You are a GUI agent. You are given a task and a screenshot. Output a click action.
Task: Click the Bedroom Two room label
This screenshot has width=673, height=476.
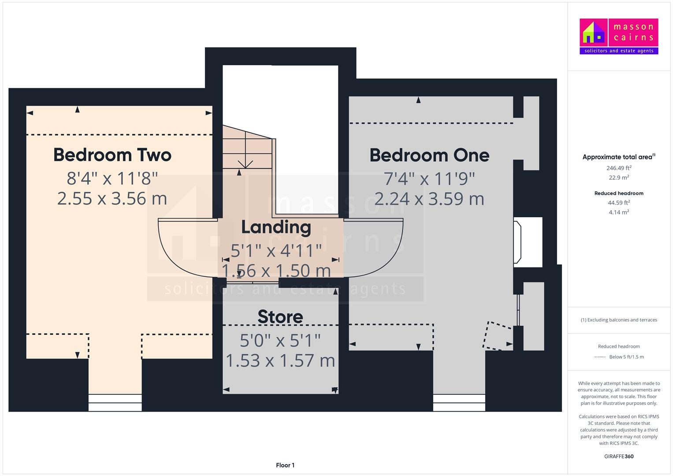click(x=112, y=155)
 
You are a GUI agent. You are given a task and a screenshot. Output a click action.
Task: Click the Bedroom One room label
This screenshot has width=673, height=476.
click(x=429, y=155)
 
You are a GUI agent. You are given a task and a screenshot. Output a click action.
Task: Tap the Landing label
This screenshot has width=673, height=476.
click(x=276, y=227)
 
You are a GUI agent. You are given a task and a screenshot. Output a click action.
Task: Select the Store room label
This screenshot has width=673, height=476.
click(x=280, y=317)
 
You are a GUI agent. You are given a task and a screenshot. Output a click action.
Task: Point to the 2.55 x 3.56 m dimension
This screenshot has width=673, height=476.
click(x=112, y=198)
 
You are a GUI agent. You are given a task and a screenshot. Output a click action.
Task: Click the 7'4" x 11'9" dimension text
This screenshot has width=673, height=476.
click(x=429, y=179)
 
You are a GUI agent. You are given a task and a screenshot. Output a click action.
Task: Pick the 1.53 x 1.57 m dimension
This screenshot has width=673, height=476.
click(x=280, y=361)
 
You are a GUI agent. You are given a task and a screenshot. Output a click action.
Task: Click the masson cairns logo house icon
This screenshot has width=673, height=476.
click(x=594, y=33)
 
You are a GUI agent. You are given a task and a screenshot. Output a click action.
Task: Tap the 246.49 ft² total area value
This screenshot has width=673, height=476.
click(x=619, y=168)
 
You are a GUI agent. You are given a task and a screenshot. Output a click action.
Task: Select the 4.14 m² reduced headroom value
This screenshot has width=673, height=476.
click(x=619, y=212)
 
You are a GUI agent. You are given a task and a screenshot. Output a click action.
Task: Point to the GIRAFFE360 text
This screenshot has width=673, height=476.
click(x=619, y=456)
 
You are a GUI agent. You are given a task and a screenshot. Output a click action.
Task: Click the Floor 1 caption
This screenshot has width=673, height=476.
click(x=285, y=465)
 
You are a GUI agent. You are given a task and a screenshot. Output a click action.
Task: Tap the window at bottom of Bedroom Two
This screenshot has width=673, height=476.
click(x=115, y=402)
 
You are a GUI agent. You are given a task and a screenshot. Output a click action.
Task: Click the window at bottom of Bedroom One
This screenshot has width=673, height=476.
click(x=459, y=402)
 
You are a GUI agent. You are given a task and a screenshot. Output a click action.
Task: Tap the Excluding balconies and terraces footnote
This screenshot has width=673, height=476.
click(x=619, y=320)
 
